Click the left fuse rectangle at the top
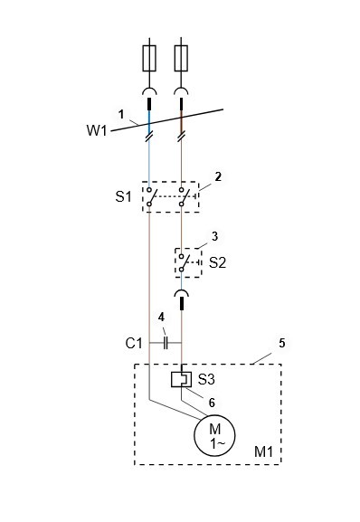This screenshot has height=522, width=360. pos(149,58)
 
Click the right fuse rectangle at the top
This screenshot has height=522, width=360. pos(181,58)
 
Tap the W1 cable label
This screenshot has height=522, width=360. pos(97,130)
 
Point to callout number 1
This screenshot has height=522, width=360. pos(121,115)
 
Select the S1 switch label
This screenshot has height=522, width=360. pos(123,196)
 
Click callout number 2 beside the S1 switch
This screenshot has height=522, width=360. pos(218,176)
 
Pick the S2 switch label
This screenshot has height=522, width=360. pos(217,262)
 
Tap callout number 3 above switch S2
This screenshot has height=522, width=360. pos(215,236)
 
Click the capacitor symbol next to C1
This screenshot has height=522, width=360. pos(166,343)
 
